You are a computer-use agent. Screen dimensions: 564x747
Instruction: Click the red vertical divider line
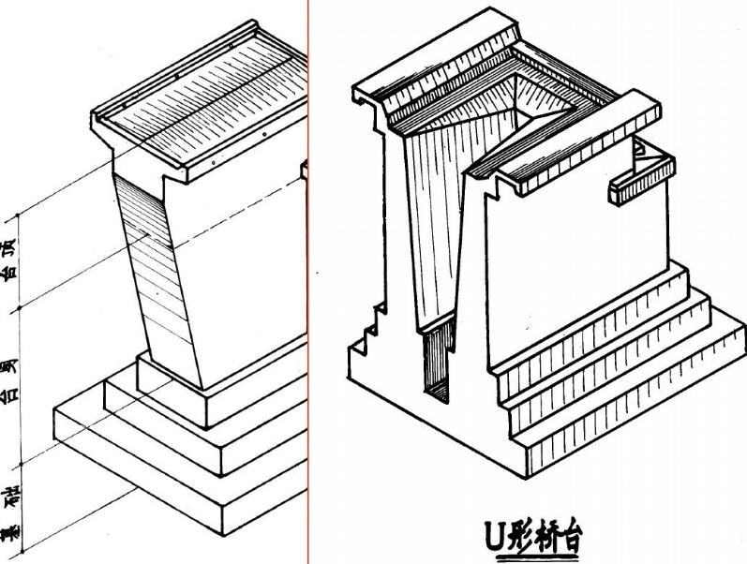coord(308,281)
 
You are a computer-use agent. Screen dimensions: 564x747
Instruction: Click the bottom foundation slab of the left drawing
coord(141,468)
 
